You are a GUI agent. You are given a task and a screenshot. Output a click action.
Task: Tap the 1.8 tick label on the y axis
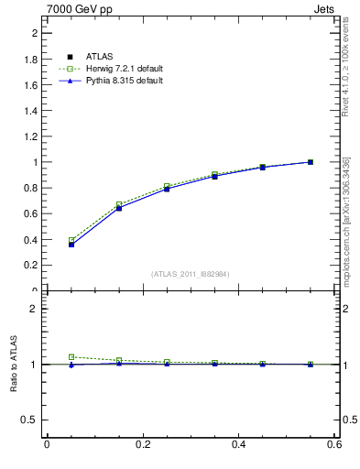coord(31,60)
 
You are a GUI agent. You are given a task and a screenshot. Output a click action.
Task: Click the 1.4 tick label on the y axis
coord(31,111)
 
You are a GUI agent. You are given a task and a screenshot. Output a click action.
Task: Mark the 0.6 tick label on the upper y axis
coord(31,213)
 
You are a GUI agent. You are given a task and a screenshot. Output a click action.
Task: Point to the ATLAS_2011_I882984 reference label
coord(191,274)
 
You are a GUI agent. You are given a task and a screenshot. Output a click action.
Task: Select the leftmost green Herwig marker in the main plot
coord(71,240)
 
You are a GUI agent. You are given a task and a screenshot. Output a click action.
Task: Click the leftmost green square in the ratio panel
coord(71,357)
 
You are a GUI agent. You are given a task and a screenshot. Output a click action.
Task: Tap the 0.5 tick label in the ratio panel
coord(31,420)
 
